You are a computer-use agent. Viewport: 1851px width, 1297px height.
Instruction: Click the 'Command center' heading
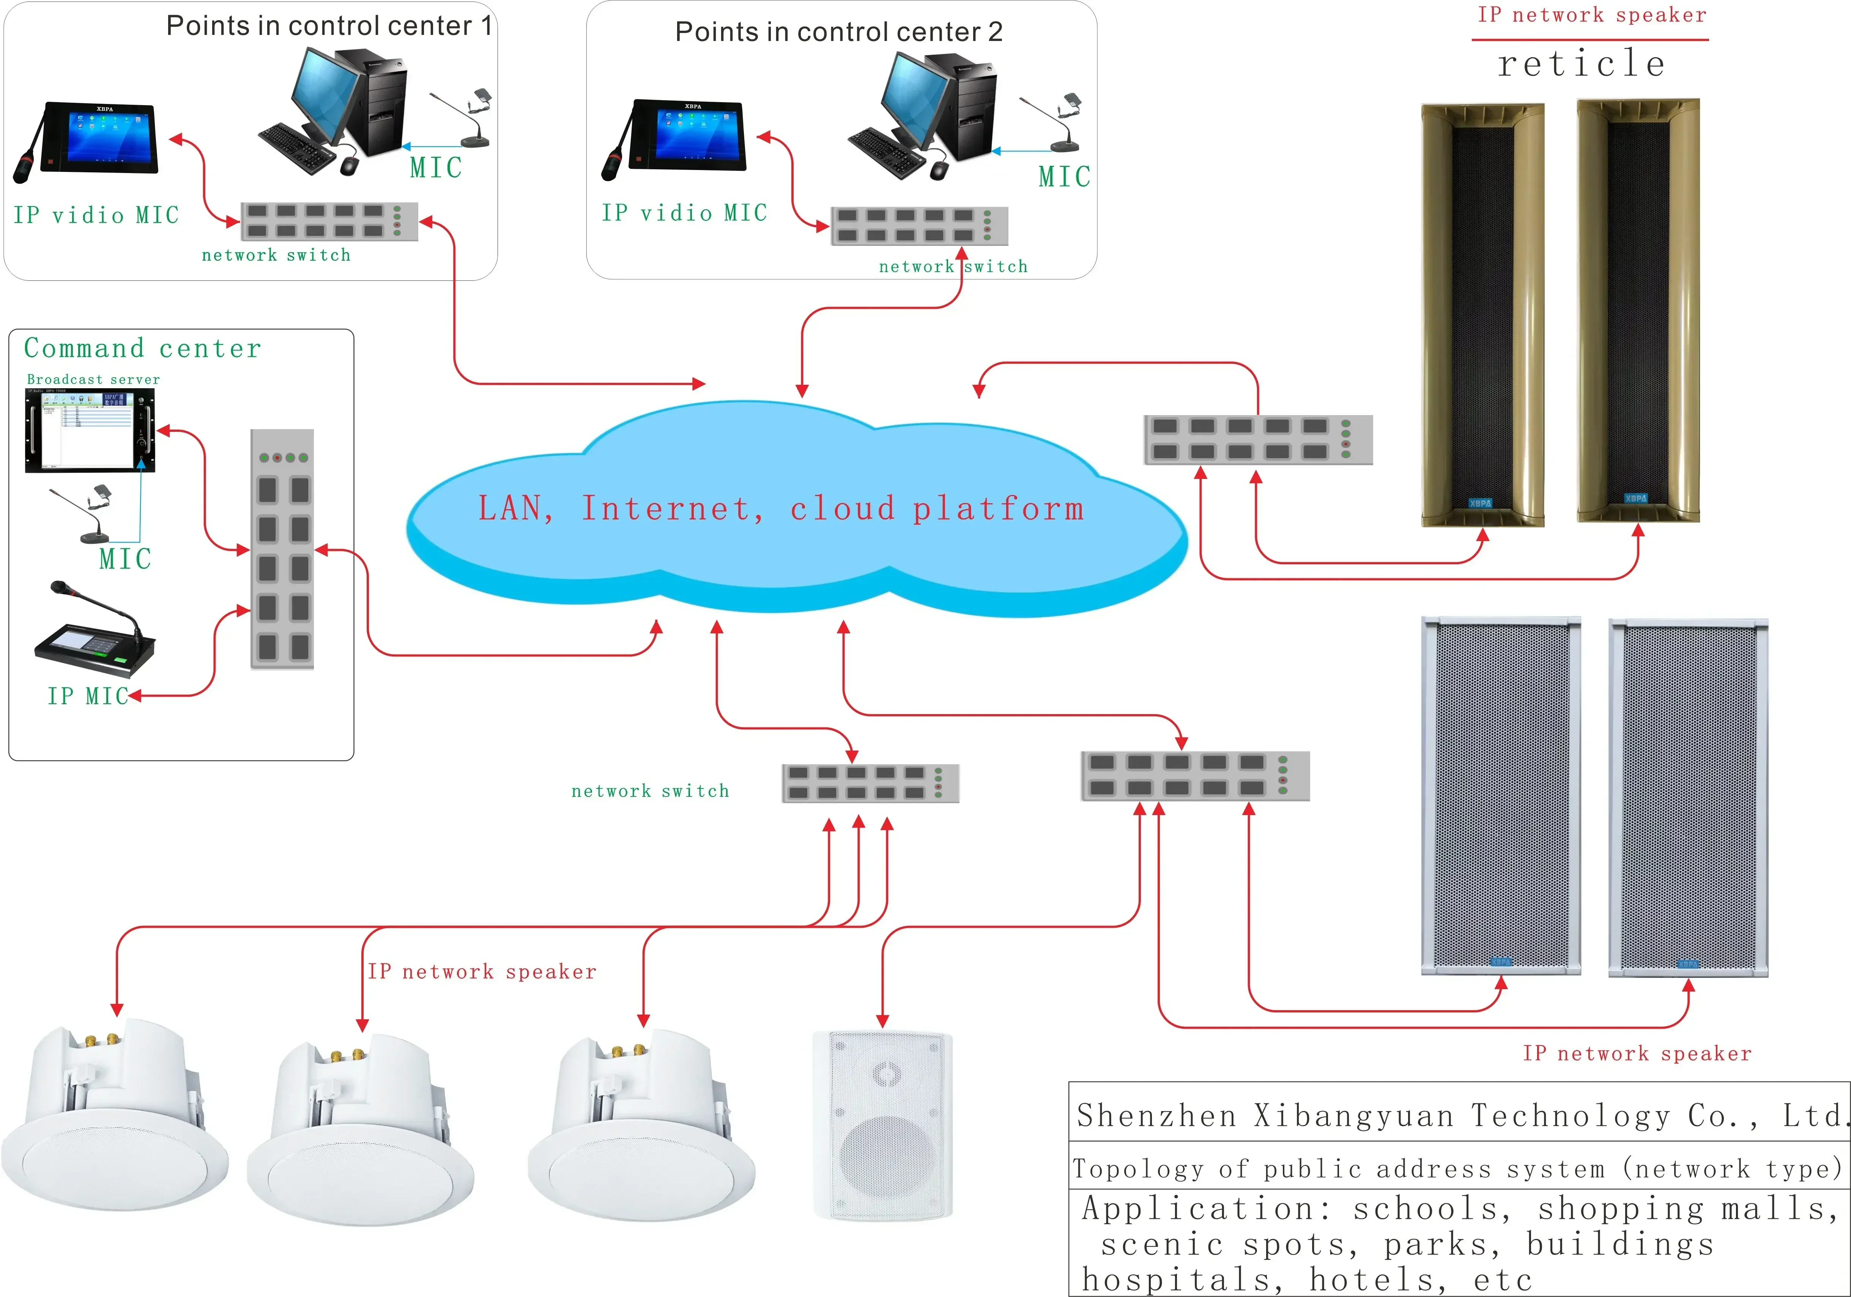[x=143, y=348]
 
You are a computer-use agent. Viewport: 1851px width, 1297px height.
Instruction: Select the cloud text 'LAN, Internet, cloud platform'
[x=780, y=508]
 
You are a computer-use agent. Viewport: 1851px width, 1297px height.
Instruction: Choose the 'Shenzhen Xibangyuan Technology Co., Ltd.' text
[x=1459, y=1116]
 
